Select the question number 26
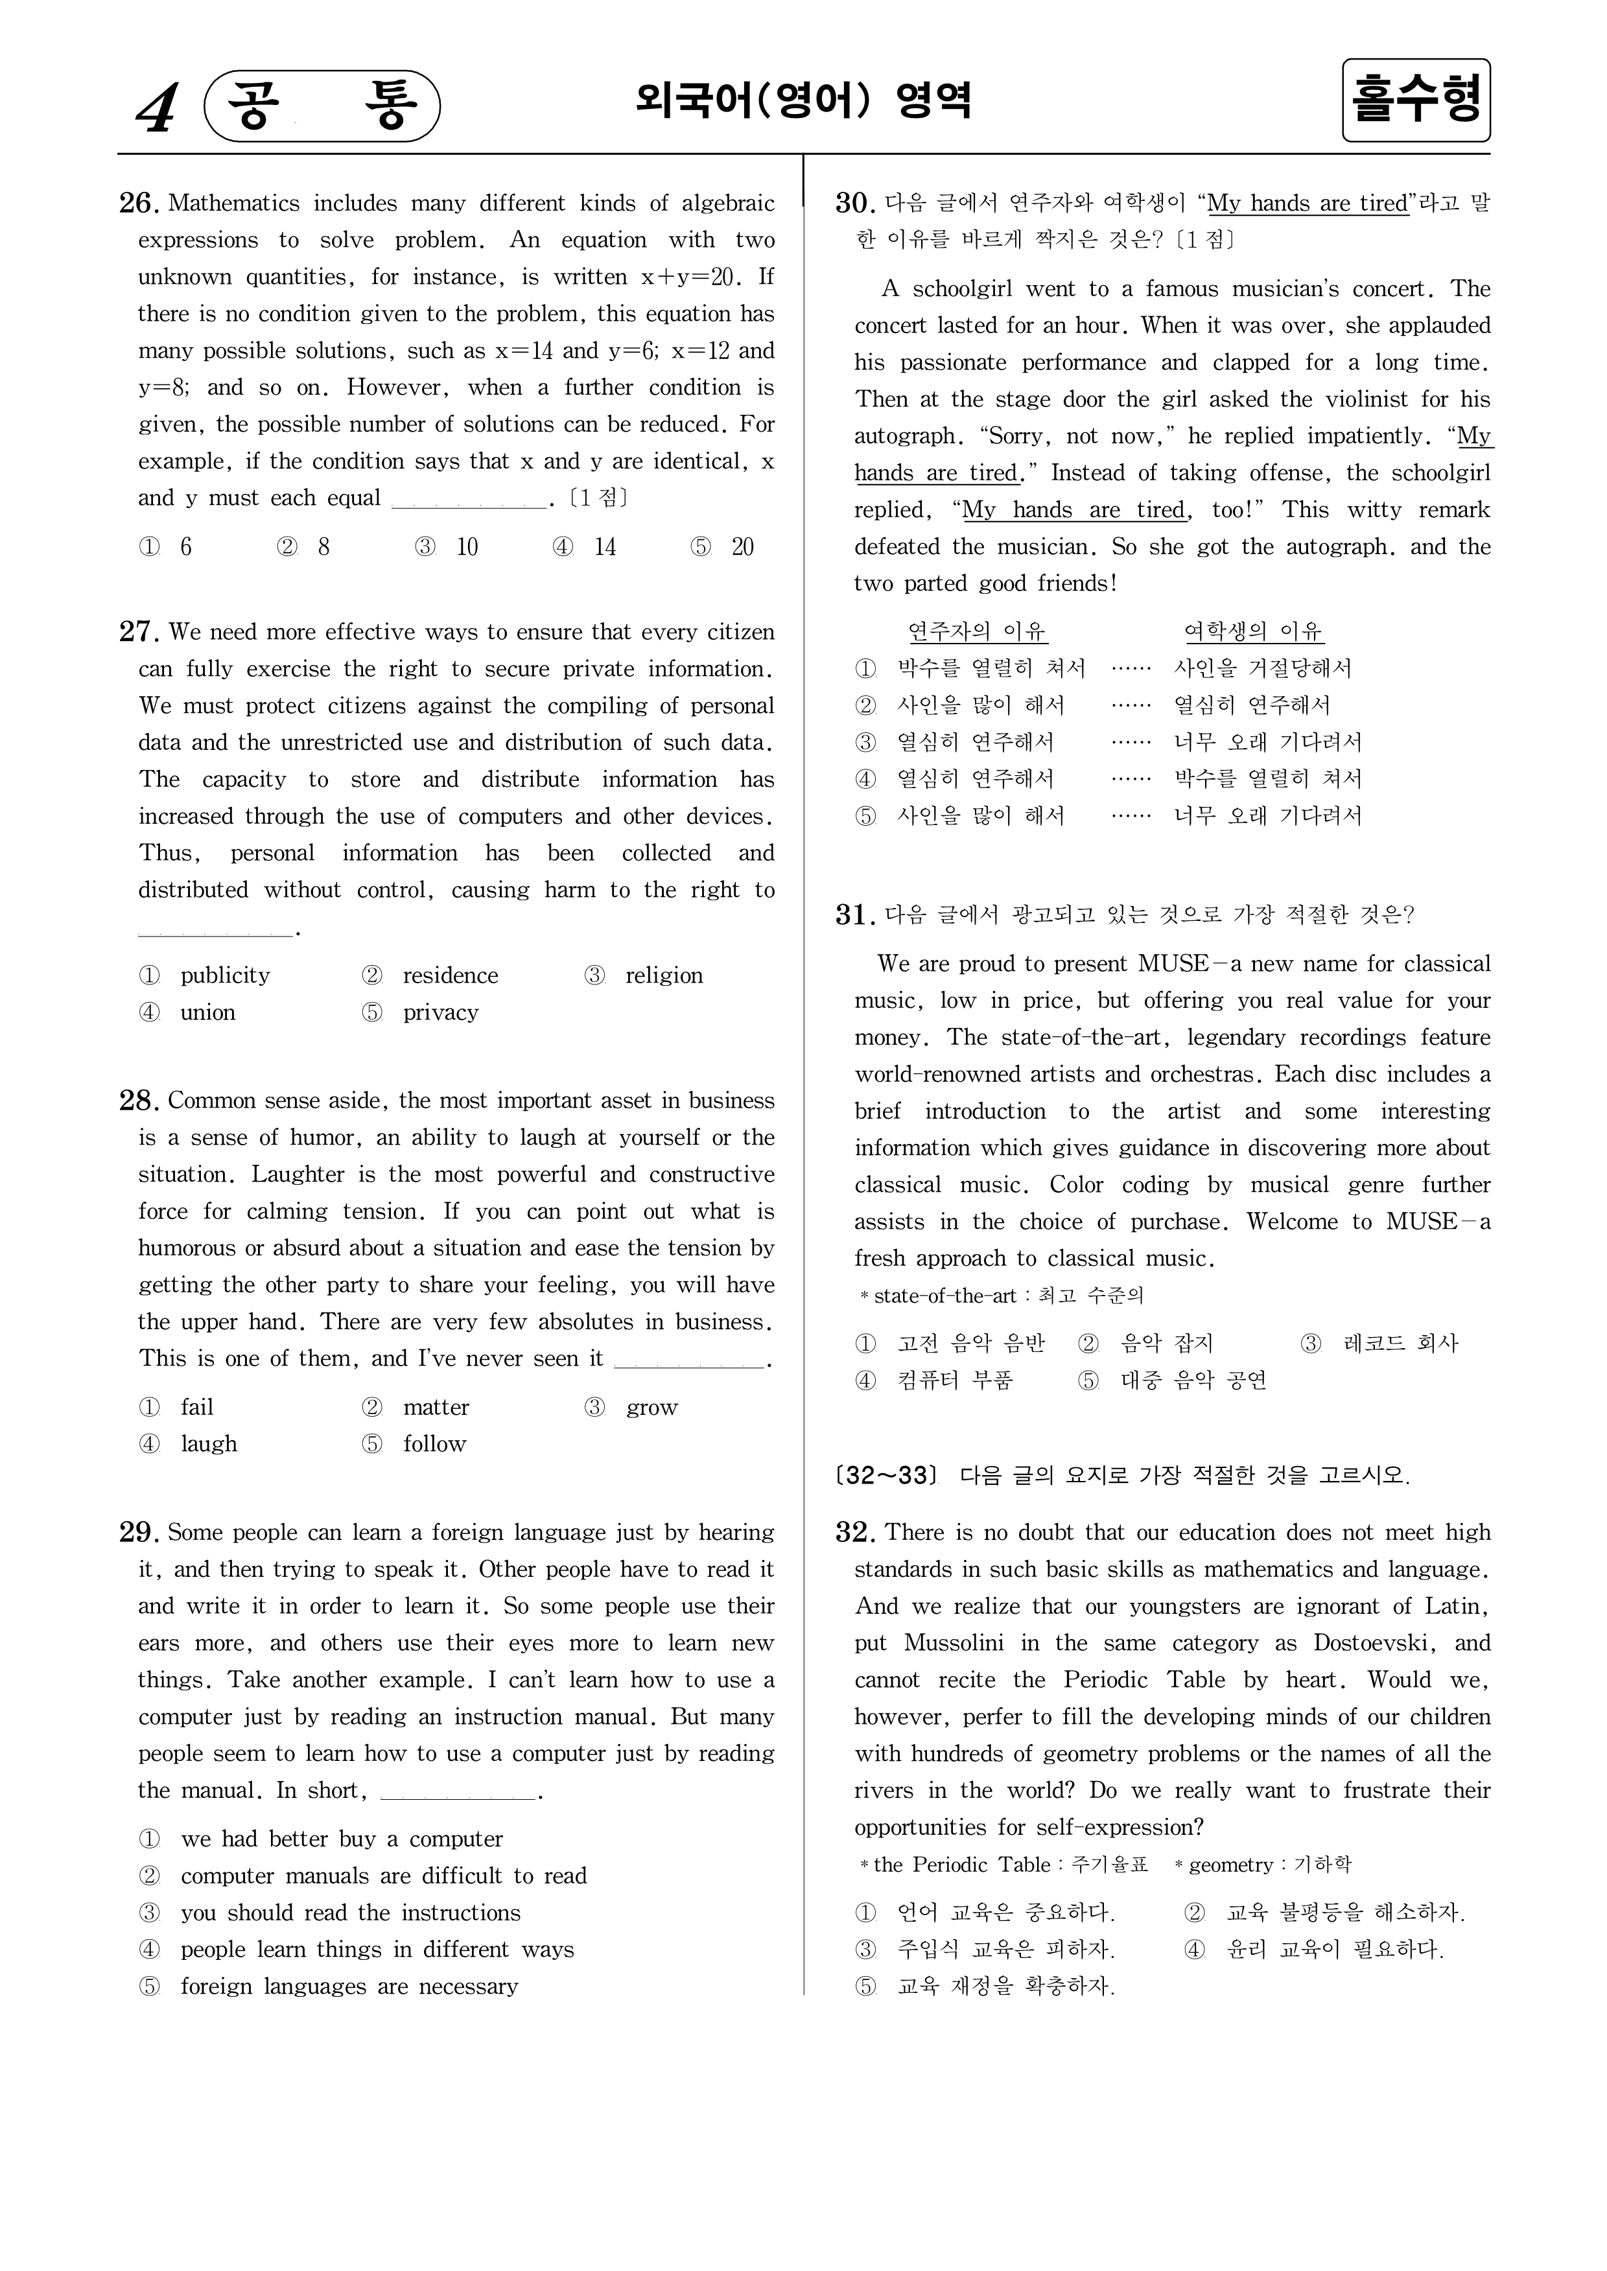click(x=139, y=203)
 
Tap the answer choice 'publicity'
click(x=225, y=975)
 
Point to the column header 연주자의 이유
click(x=978, y=631)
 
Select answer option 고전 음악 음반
click(x=970, y=1342)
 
